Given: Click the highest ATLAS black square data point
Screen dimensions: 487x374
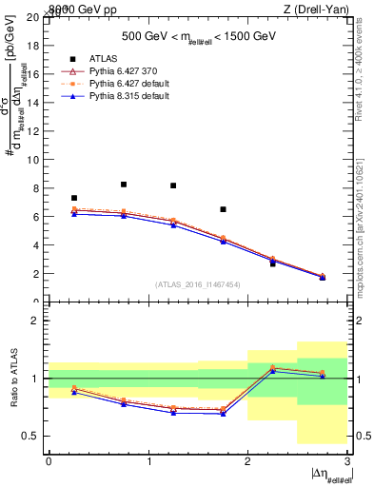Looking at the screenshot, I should [124, 185].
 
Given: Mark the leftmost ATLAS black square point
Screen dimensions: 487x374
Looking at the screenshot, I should [74, 198].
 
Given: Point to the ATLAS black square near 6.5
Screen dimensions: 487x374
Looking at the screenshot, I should [223, 209].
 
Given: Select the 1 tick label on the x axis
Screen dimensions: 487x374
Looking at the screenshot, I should [148, 461].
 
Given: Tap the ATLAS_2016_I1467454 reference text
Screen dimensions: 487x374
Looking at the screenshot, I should [197, 283].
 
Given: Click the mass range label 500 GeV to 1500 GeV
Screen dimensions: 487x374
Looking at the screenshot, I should [197, 36].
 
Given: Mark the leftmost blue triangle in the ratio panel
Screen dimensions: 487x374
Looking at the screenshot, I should [74, 392].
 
